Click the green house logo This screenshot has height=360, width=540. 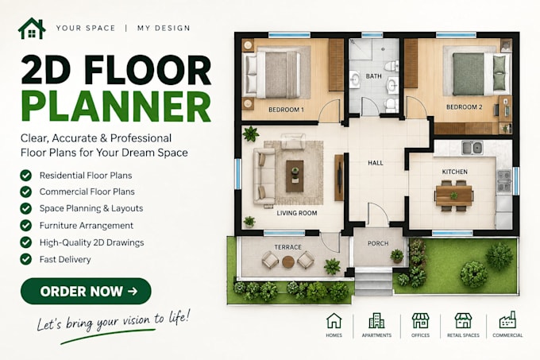pyautogui.click(x=32, y=29)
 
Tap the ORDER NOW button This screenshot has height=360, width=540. pyautogui.click(x=86, y=291)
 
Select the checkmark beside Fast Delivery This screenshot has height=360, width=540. pyautogui.click(x=26, y=259)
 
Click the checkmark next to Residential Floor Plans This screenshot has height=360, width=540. pyautogui.click(x=26, y=176)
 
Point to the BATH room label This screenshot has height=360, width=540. pyautogui.click(x=374, y=76)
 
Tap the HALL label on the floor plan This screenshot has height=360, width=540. pyautogui.click(x=376, y=163)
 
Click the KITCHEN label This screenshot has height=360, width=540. pyautogui.click(x=454, y=172)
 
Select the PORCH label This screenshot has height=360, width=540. pyautogui.click(x=378, y=243)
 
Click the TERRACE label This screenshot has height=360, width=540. pyautogui.click(x=288, y=247)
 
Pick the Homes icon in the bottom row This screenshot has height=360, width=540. pyautogui.click(x=334, y=321)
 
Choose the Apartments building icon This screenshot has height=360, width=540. pyautogui.click(x=376, y=321)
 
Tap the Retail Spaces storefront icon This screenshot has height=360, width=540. pyautogui.click(x=463, y=321)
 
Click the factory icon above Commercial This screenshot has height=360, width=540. pyautogui.click(x=507, y=320)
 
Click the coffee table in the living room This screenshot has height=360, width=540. pyautogui.click(x=295, y=176)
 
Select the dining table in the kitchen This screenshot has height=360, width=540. pyautogui.click(x=454, y=195)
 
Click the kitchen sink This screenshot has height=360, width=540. pyautogui.click(x=472, y=148)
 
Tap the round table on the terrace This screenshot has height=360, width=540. pyautogui.click(x=288, y=261)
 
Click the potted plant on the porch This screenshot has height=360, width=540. pyautogui.click(x=397, y=256)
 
